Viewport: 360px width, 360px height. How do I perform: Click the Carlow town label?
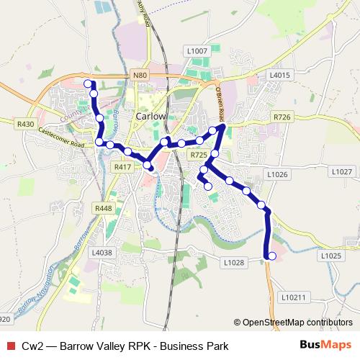tap(151, 115)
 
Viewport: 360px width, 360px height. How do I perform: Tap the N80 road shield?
tap(140, 74)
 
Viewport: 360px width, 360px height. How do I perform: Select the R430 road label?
tap(25, 124)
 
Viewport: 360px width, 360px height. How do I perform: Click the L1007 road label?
tap(196, 51)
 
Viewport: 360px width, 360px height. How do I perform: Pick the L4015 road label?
tap(279, 75)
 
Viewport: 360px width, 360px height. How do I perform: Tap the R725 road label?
tap(199, 155)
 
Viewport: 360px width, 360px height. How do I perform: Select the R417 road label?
tap(122, 166)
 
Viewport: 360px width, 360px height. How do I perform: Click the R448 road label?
tap(103, 208)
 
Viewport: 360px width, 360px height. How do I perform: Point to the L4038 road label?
tap(102, 253)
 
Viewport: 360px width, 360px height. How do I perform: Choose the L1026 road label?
tap(277, 174)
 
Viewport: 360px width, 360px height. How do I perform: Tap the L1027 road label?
tap(342, 171)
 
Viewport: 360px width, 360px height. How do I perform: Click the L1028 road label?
tap(234, 263)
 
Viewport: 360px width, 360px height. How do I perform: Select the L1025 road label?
tap(331, 256)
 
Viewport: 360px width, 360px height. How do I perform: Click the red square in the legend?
tap(10, 346)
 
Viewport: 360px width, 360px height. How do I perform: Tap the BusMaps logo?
tap(326, 346)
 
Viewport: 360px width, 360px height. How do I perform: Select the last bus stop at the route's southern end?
tap(271, 256)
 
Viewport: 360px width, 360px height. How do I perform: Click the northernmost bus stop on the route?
tap(89, 84)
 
